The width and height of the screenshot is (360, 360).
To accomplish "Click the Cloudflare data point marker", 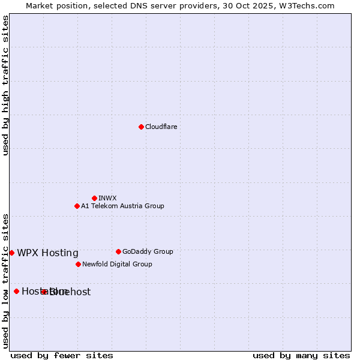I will point(141,127).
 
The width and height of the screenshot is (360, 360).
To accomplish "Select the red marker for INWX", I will point(94,198).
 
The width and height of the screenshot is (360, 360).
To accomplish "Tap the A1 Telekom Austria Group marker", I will point(77,206).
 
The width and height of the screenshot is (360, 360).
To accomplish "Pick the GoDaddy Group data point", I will point(118,251).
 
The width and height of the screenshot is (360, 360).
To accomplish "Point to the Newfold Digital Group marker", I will point(78,264).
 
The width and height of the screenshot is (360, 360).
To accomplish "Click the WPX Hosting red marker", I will point(11,253).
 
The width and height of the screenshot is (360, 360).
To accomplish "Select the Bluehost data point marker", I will point(44,292).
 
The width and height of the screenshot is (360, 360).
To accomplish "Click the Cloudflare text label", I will point(161,127).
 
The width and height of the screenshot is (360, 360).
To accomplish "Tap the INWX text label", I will point(107,198).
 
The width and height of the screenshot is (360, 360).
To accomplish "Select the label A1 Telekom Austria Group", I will point(122,206).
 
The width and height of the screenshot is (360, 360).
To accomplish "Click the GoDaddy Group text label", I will point(148,251).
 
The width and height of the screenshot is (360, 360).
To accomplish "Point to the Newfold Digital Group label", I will point(117,264).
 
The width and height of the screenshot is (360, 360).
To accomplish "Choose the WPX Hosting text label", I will point(47,253).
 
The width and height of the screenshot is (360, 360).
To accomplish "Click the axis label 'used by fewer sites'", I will point(62,355).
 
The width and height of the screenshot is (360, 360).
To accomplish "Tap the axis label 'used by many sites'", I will point(301,355).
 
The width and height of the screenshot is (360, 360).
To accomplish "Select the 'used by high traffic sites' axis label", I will point(5,85).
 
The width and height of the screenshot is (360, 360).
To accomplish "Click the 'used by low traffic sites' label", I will point(5,280).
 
